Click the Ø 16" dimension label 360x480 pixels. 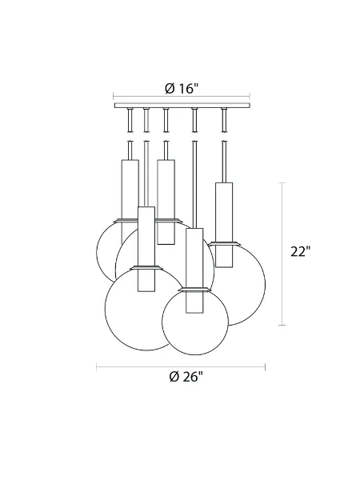click(x=181, y=90)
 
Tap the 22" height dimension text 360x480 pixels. click(x=300, y=252)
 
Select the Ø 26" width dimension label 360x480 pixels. click(x=181, y=378)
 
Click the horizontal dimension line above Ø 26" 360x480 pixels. click(x=181, y=366)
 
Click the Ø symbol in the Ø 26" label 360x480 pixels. click(x=174, y=378)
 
